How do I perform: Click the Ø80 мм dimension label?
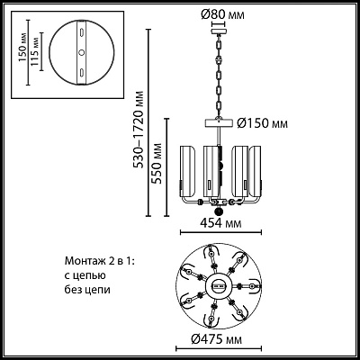[x=222, y=14]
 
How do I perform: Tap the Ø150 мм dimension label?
[x=262, y=123]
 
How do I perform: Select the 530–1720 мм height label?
[x=139, y=129]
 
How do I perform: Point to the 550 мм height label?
[x=156, y=163]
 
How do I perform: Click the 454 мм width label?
[x=220, y=223]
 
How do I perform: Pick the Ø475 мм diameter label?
[x=217, y=339]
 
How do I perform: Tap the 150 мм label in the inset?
[x=22, y=49]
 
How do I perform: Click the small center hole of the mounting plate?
[x=81, y=52]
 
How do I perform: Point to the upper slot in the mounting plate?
[x=81, y=32]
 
